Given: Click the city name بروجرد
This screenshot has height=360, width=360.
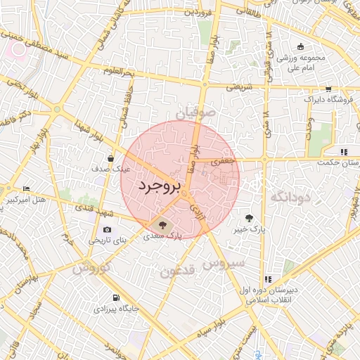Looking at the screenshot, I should point(160,186).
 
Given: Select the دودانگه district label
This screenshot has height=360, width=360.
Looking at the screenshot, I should point(289,197).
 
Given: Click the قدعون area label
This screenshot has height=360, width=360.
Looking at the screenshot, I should point(177,271).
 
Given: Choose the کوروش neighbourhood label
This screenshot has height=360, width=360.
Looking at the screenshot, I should point(91,268).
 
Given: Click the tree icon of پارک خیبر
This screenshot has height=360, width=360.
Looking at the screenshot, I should point(250,218).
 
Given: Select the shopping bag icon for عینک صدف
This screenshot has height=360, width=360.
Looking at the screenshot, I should point(111,159).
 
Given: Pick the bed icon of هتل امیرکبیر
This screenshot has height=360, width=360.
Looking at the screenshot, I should point(27,189).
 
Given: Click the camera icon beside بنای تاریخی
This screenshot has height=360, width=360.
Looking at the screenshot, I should point(107,229).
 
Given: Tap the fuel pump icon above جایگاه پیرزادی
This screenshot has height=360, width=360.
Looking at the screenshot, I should point(116,297).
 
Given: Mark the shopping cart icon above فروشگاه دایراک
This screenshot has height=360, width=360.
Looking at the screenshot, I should point(328,89).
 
